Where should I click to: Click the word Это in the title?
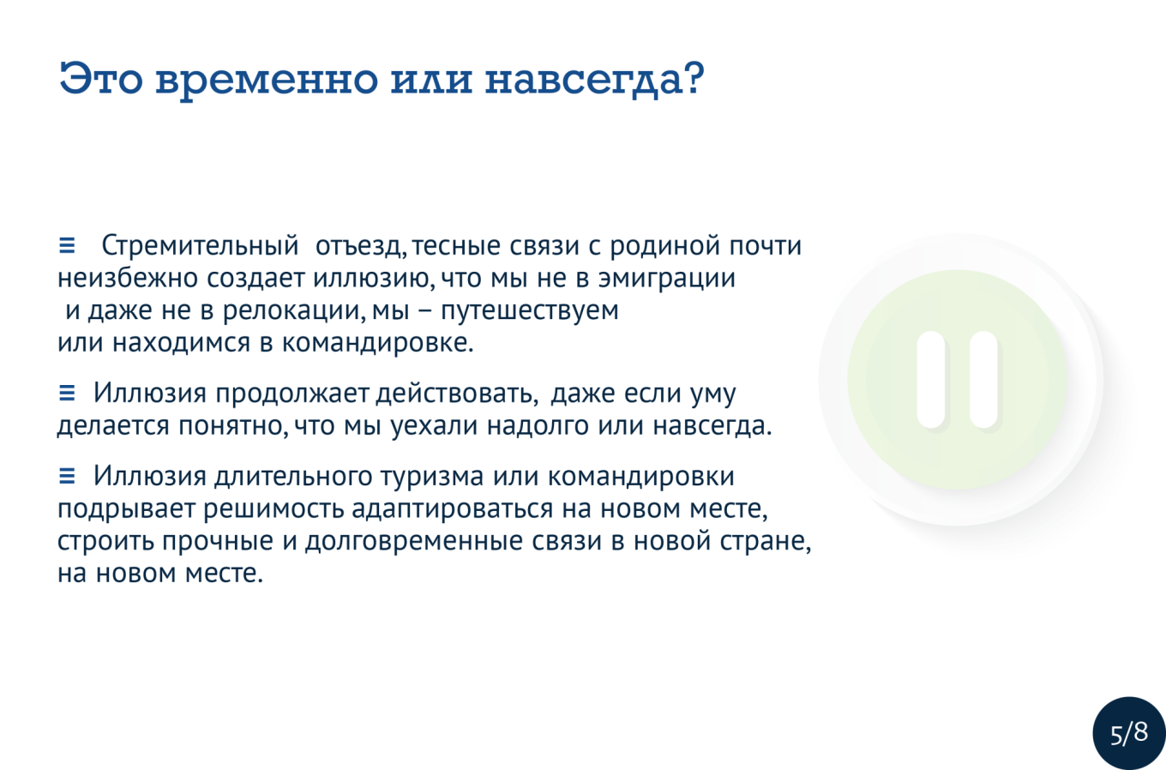[x=101, y=79]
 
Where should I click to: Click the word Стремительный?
[x=200, y=246]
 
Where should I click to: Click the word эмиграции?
[x=667, y=279]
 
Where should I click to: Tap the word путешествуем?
[x=530, y=310]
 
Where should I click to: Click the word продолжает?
[x=292, y=394]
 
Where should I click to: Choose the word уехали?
[x=434, y=426]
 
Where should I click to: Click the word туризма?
[x=432, y=477]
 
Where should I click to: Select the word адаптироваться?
[x=452, y=509]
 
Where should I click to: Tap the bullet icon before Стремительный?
[x=67, y=245]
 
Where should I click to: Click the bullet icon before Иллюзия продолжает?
[x=67, y=393]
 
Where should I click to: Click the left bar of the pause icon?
[x=931, y=380]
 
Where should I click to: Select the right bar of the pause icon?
[x=984, y=380]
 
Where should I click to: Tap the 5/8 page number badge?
[x=1129, y=733]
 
